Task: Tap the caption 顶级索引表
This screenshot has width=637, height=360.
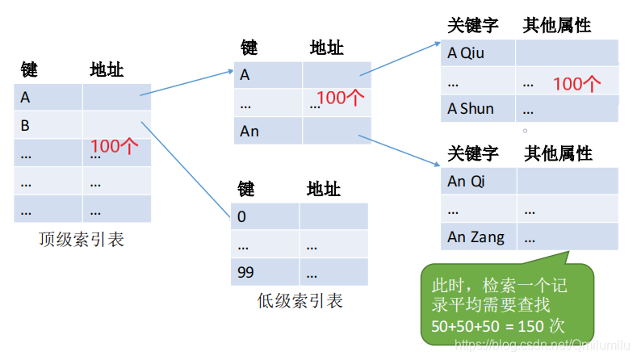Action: pos(82,240)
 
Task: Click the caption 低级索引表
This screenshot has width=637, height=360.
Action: pos(300,301)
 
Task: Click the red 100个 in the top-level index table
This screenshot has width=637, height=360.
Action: pos(115,146)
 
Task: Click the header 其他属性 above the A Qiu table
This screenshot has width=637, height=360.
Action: pos(556,26)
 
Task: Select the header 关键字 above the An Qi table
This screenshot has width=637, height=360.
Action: pos(473,153)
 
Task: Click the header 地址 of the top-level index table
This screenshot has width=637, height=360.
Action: pos(107,70)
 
